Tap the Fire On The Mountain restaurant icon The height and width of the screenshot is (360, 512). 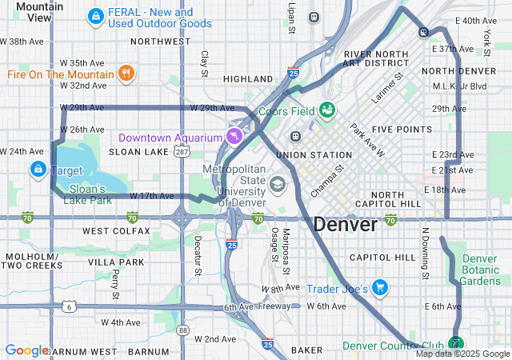126,74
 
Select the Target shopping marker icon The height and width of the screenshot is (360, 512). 38,170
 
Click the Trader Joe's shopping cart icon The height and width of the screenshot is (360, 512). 379,287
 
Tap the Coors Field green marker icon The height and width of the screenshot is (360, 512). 327,109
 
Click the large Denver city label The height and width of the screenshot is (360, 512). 345,225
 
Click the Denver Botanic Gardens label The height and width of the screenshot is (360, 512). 480,270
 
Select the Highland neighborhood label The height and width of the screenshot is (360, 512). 248,79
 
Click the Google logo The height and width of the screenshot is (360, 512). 26,350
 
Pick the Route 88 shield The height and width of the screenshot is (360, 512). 183,330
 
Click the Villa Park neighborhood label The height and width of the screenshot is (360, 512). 116,262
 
